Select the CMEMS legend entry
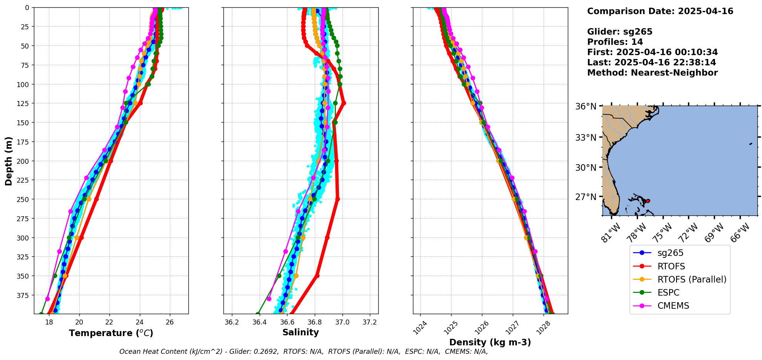click(x=673, y=306)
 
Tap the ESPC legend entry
click(x=668, y=293)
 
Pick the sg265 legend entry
click(x=670, y=253)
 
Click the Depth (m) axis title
click(x=8, y=161)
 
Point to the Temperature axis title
click(x=111, y=333)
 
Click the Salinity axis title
click(x=300, y=332)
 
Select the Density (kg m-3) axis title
click(x=490, y=342)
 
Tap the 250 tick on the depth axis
click(x=24, y=199)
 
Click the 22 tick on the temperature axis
click(x=109, y=322)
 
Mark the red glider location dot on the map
click(x=648, y=201)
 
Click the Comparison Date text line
click(x=660, y=11)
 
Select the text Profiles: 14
click(x=615, y=42)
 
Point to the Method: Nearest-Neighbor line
click(x=652, y=73)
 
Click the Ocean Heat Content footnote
click(x=304, y=352)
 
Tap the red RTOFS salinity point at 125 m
click(x=344, y=103)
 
